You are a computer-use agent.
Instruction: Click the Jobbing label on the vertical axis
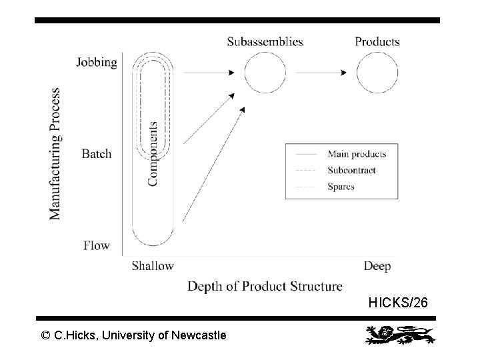(x=97, y=63)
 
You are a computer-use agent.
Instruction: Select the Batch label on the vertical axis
(x=97, y=154)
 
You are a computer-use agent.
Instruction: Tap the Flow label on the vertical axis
(x=97, y=245)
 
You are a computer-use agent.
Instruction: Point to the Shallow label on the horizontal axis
(x=153, y=266)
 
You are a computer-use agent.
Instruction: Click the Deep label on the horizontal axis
(x=377, y=266)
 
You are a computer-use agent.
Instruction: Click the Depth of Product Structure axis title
(x=265, y=287)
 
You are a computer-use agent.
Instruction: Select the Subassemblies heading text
(x=265, y=41)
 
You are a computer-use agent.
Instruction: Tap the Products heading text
(x=377, y=41)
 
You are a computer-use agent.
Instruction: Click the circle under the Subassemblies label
(x=265, y=72)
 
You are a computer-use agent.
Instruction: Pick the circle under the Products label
(x=377, y=72)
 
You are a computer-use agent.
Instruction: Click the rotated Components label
(x=153, y=153)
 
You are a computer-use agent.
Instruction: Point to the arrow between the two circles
(x=321, y=72)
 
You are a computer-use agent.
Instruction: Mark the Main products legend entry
(x=357, y=154)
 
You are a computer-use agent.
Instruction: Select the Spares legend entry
(x=341, y=187)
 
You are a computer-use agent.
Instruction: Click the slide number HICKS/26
(x=399, y=303)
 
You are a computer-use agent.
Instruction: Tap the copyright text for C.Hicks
(x=133, y=335)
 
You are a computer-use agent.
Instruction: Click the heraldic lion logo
(x=399, y=335)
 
